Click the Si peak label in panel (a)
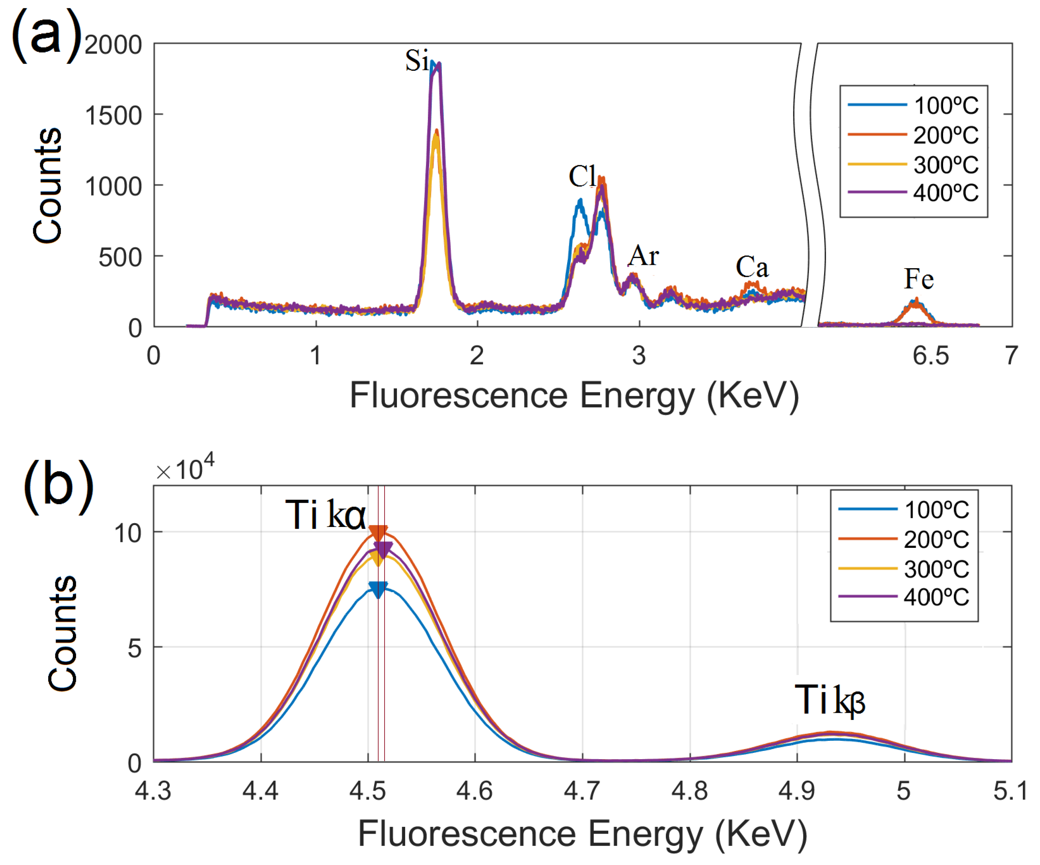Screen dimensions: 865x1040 point(417,61)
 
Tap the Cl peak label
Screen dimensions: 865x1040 point(582,176)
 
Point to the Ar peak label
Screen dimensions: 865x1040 point(643,255)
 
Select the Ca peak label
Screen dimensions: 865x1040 point(752,267)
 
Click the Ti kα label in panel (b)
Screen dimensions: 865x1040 point(325,515)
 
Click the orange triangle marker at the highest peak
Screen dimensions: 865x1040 point(378,533)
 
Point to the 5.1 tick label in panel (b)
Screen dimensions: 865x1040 point(1010,791)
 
